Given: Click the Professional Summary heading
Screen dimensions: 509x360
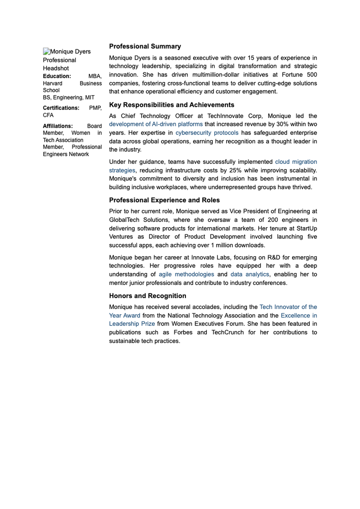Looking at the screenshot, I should [145, 46].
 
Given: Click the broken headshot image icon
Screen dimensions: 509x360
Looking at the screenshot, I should [46, 51].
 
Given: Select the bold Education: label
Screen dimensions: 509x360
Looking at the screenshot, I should [57, 76].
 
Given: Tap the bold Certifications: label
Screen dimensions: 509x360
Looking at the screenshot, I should [61, 108].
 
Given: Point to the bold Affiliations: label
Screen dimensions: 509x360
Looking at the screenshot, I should [58, 126].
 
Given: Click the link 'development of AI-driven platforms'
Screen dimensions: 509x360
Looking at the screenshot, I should [156, 124].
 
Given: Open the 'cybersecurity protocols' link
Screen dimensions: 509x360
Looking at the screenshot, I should [207, 133].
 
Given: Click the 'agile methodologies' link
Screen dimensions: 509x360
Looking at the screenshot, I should [186, 274].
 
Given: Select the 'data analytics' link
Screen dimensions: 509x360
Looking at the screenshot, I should [250, 274].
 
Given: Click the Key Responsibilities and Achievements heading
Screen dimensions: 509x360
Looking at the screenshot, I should [172, 105].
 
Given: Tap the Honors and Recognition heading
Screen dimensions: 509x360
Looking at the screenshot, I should [148, 296].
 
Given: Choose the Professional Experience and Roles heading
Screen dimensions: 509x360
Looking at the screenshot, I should [164, 200].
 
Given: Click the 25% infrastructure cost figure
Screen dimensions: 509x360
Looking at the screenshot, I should [235, 170].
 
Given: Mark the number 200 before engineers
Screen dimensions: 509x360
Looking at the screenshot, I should [273, 220].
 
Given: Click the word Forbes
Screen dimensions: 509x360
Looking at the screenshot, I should [183, 332].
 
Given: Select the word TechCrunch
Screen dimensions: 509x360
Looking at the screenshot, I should [227, 332].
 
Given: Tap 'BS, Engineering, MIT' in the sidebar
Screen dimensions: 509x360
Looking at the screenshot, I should [69, 97].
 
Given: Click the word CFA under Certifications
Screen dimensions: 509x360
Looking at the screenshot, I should [48, 115].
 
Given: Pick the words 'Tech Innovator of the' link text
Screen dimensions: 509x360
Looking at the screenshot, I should [288, 307].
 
